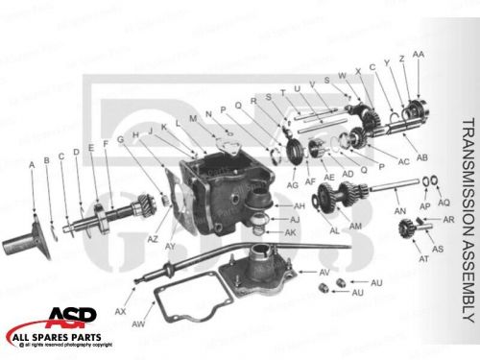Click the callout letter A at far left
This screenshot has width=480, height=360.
tap(32, 165)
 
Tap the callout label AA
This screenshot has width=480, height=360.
tap(418, 56)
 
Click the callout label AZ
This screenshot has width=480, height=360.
tap(152, 237)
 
